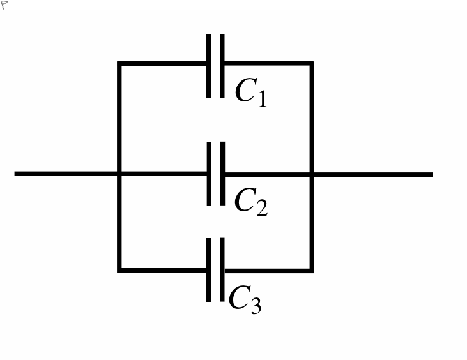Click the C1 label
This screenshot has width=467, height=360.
[251, 92]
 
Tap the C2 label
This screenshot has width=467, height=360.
[251, 202]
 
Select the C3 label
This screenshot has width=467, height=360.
[245, 299]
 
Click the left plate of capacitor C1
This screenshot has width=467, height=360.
[208, 66]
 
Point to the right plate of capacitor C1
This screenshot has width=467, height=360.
[222, 66]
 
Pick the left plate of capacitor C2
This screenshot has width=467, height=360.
[209, 174]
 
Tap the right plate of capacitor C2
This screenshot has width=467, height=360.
[222, 174]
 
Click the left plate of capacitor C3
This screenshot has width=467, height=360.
[208, 270]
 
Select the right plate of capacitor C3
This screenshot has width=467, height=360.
[222, 270]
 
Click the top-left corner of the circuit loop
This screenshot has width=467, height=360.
[119, 64]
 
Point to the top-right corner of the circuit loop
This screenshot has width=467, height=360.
[312, 63]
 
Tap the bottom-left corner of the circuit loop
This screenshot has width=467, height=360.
[119, 271]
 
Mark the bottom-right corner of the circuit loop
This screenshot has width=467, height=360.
[312, 271]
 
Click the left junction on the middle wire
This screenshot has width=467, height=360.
[119, 174]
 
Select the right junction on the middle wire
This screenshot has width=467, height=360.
[312, 174]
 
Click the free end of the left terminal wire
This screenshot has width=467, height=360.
[15, 174]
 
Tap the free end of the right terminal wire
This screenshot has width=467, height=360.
[433, 175]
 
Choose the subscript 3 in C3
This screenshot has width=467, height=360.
[256, 306]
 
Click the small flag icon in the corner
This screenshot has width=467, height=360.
[4, 4]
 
